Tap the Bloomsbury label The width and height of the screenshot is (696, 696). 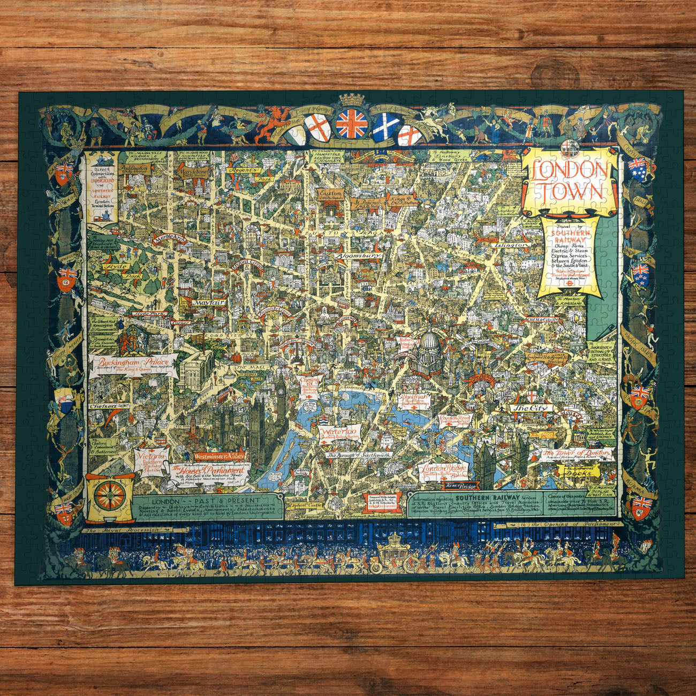(359, 256)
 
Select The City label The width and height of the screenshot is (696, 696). (527, 408)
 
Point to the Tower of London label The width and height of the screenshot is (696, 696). (577, 454)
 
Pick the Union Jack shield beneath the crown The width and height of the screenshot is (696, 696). (352, 124)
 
